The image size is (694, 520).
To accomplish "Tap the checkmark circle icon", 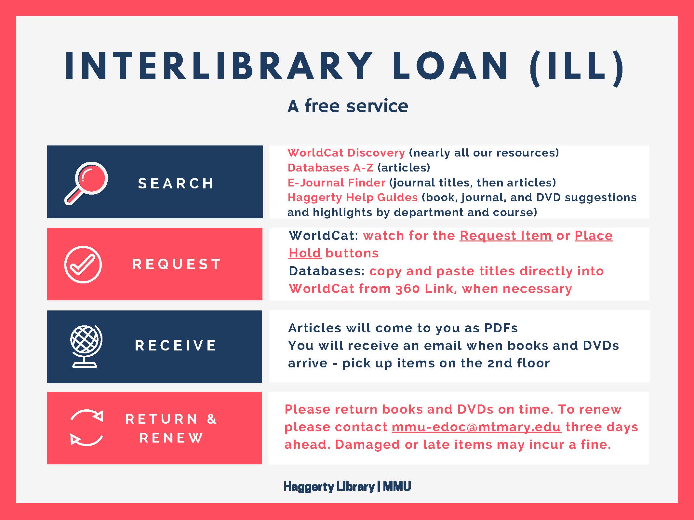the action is pyautogui.click(x=83, y=264).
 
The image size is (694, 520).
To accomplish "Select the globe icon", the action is pyautogui.click(x=86, y=346).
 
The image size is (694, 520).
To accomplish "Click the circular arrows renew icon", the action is pyautogui.click(x=87, y=428).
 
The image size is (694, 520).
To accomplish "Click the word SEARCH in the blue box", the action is pyautogui.click(x=176, y=183).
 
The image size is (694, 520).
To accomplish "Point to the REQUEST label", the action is pyautogui.click(x=177, y=264).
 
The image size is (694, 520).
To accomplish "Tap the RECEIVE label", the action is pyautogui.click(x=176, y=345).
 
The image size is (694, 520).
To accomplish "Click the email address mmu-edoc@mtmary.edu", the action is pyautogui.click(x=476, y=427).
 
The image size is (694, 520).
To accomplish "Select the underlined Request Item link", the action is pyautogui.click(x=506, y=235).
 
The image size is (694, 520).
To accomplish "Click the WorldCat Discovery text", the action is pyautogui.click(x=346, y=153).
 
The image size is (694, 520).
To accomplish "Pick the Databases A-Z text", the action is pyautogui.click(x=330, y=168).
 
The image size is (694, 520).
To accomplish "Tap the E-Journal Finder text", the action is pyautogui.click(x=336, y=183).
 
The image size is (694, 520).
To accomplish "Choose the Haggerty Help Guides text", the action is pyautogui.click(x=353, y=197).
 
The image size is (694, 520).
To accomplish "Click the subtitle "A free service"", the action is pyautogui.click(x=348, y=106).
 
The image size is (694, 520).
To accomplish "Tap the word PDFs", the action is pyautogui.click(x=501, y=328).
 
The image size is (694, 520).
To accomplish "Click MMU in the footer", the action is pyautogui.click(x=397, y=486).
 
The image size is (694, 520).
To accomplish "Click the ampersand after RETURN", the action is pyautogui.click(x=212, y=419).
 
